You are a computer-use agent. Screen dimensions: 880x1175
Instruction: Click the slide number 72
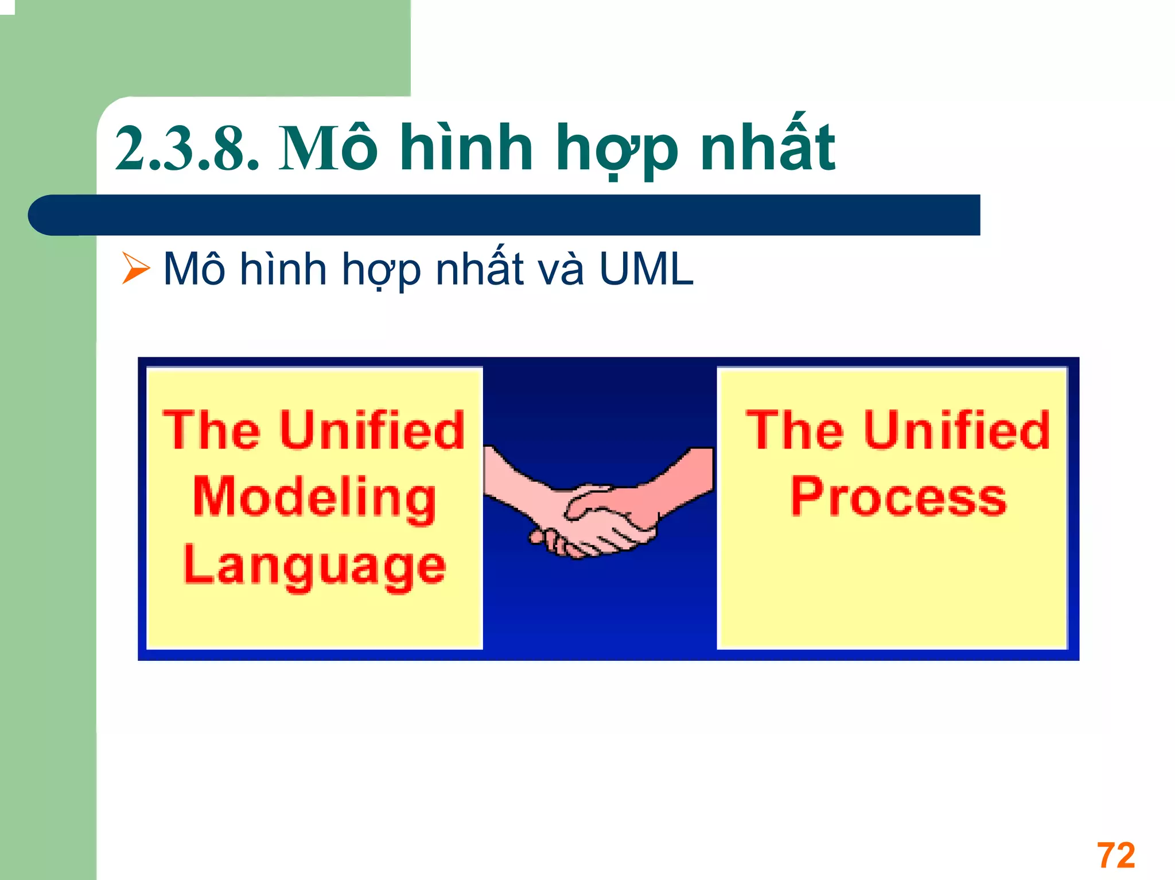(1116, 855)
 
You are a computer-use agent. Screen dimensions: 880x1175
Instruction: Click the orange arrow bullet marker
(135, 268)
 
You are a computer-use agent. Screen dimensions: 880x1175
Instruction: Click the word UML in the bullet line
(646, 268)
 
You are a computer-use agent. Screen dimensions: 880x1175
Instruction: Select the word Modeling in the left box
(314, 497)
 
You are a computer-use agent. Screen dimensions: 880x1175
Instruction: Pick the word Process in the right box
(898, 497)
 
